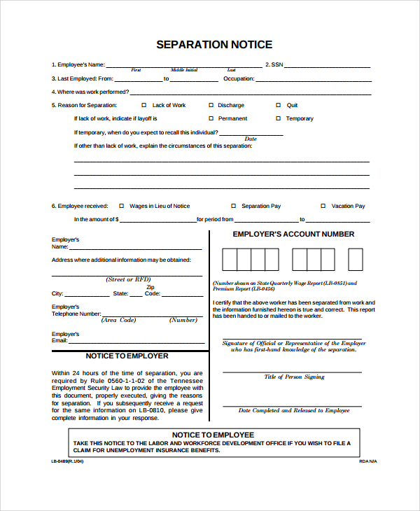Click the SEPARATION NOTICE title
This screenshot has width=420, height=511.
pos(213,45)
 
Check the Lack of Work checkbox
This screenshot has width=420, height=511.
pos(144,105)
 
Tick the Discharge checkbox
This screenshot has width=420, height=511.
pos(210,105)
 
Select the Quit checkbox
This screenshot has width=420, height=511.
pos(278,105)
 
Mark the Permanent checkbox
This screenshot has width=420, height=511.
pos(210,118)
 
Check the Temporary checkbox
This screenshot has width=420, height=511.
pos(278,118)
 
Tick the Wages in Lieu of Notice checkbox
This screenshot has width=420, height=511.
pos(121,206)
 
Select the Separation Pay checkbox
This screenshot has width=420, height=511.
pos(233,206)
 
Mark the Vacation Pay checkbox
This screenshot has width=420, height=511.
pos(323,206)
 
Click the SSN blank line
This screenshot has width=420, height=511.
pos(328,66)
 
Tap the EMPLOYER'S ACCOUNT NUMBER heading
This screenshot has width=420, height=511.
pos(293,234)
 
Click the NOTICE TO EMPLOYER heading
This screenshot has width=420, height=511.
pos(127,356)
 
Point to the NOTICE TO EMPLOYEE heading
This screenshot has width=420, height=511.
pos(213,435)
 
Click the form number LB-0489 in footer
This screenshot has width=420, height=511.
pos(67,462)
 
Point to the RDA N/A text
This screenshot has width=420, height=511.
pos(367,462)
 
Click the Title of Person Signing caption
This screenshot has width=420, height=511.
pos(294,377)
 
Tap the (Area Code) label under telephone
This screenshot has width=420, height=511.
pos(118,320)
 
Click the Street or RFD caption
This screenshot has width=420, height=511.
pos(129,279)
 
